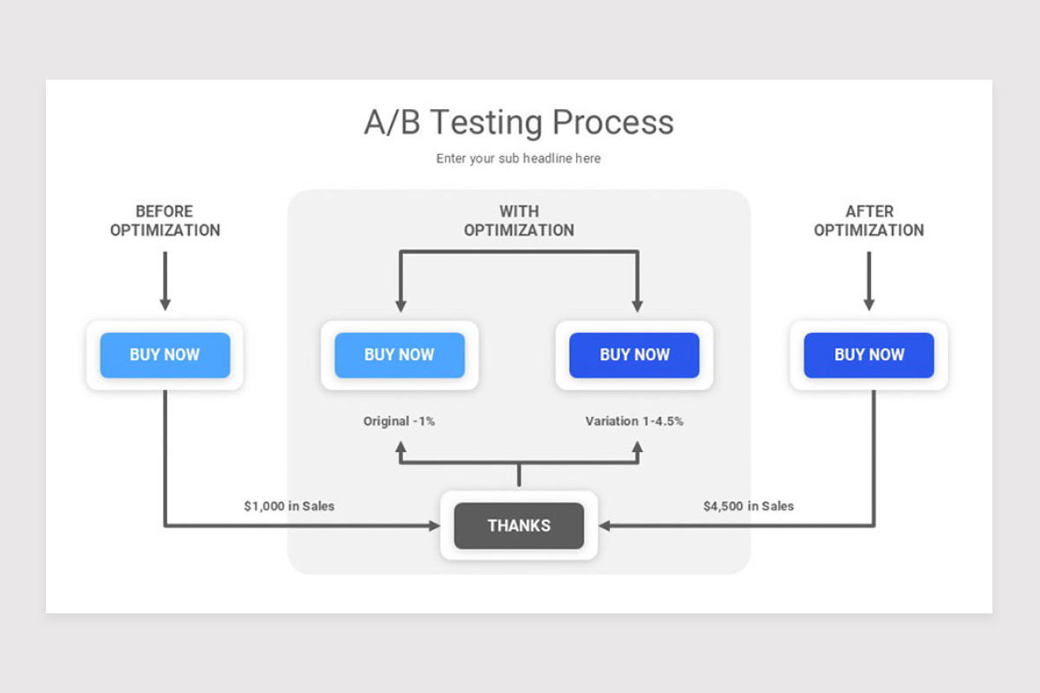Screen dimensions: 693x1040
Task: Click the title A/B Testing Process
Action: coord(518,122)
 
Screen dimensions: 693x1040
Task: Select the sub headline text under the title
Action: coord(518,159)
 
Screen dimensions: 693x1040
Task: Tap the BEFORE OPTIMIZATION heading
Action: coord(165,221)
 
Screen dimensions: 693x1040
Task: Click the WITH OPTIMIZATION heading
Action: coord(518,221)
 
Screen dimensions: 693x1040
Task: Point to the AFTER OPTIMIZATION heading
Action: coord(868,221)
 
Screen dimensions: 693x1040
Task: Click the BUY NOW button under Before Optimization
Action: coord(165,355)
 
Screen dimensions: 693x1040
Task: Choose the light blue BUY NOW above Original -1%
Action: coord(400,355)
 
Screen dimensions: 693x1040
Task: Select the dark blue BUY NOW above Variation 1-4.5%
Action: coord(634,355)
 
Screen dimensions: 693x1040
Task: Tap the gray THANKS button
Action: coord(518,526)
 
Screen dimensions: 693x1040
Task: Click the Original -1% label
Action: coord(399,421)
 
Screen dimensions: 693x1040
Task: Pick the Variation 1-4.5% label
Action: coord(634,421)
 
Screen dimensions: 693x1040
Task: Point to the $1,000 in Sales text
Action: coord(289,506)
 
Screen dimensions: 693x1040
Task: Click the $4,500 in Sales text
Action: coord(748,506)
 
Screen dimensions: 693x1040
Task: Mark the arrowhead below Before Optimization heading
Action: coord(165,305)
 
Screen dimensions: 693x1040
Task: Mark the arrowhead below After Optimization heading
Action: coord(868,305)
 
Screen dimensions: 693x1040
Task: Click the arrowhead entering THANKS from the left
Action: coord(434,525)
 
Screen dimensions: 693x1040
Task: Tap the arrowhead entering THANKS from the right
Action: coord(604,525)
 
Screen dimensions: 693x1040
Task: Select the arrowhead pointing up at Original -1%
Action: coord(400,448)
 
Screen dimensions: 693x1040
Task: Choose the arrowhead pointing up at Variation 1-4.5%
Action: coord(637,448)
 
